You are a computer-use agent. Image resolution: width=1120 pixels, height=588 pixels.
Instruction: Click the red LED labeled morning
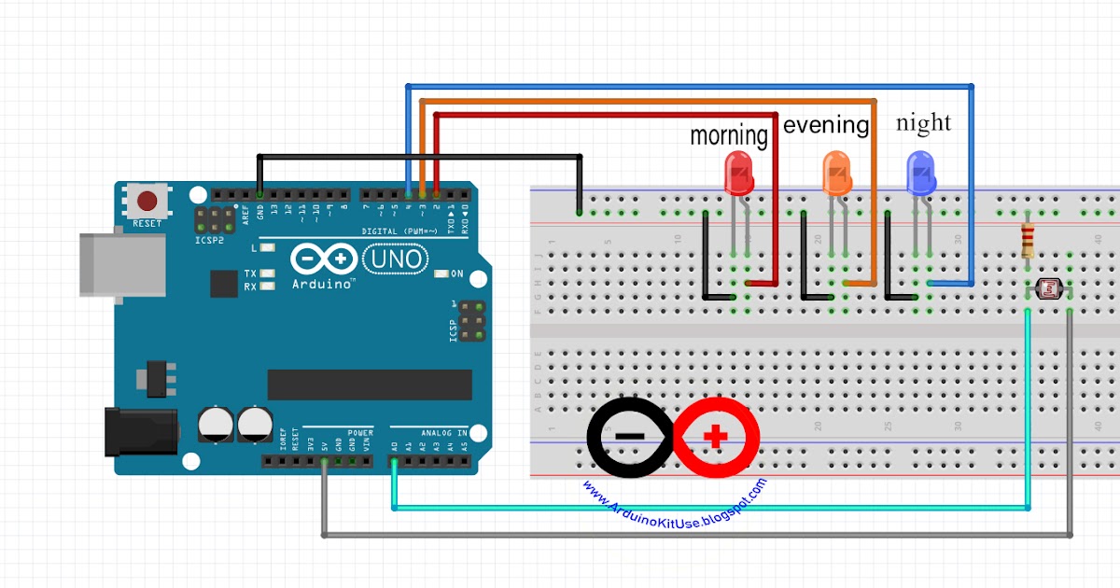click(x=738, y=174)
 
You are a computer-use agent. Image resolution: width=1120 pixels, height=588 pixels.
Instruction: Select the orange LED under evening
click(x=836, y=174)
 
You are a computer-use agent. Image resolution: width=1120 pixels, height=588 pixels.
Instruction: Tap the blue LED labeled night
click(x=921, y=173)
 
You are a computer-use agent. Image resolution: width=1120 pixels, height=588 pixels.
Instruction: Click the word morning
click(x=728, y=135)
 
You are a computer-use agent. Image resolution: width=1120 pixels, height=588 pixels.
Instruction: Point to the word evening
click(x=826, y=124)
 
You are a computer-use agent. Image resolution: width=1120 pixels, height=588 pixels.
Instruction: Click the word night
click(x=923, y=122)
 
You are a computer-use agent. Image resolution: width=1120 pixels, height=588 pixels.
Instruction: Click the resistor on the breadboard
click(x=1028, y=240)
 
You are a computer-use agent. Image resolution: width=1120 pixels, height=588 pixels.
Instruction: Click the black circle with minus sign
click(x=630, y=436)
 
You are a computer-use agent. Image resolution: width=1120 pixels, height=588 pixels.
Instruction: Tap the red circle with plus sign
click(x=717, y=436)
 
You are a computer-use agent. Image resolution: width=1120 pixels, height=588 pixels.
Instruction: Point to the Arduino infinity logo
click(x=322, y=258)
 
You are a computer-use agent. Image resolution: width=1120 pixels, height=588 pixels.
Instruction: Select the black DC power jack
click(x=140, y=430)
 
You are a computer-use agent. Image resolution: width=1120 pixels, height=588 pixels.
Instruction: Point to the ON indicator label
click(x=456, y=273)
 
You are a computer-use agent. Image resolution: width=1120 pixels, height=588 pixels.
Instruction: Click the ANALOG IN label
click(x=442, y=433)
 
